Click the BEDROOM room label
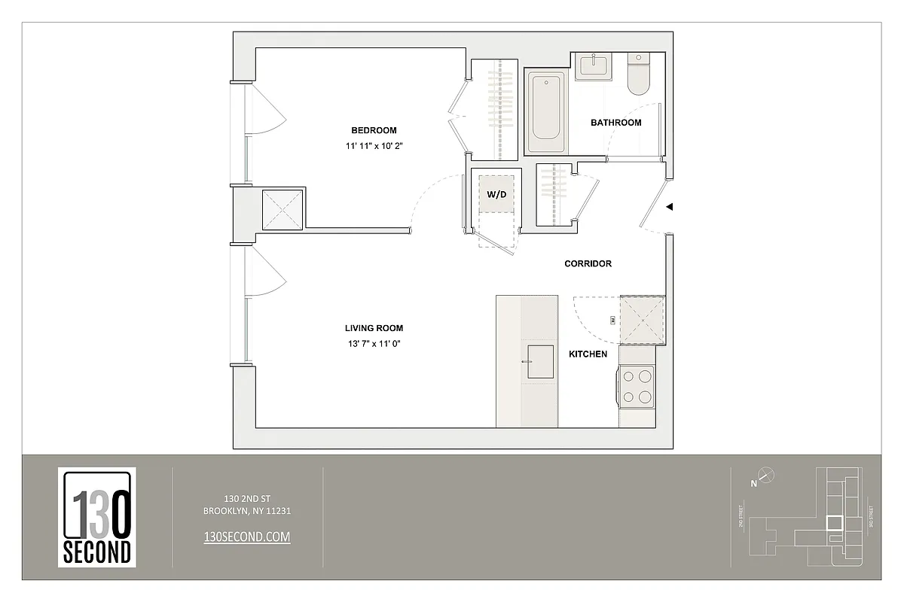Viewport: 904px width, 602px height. pyautogui.click(x=374, y=130)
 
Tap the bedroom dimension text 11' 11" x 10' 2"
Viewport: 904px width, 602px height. pyautogui.click(x=374, y=147)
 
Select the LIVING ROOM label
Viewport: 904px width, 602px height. pyautogui.click(x=374, y=328)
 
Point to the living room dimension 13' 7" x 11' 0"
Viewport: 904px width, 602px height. pyautogui.click(x=374, y=345)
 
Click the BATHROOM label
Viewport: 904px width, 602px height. pyautogui.click(x=615, y=123)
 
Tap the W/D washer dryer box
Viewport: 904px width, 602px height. pyautogui.click(x=496, y=193)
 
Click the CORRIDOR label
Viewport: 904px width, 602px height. pyautogui.click(x=588, y=264)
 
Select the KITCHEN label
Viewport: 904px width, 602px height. pyautogui.click(x=588, y=354)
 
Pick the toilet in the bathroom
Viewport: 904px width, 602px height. pyautogui.click(x=637, y=74)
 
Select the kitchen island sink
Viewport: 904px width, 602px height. pyautogui.click(x=539, y=361)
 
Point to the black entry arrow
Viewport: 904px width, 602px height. pyautogui.click(x=669, y=206)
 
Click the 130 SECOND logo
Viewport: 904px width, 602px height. pyautogui.click(x=97, y=517)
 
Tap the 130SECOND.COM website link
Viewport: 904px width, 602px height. pyautogui.click(x=247, y=537)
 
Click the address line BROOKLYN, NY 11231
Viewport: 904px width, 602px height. pyautogui.click(x=247, y=511)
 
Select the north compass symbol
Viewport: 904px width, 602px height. pyautogui.click(x=766, y=475)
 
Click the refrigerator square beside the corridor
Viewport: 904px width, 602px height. pyautogui.click(x=641, y=319)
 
